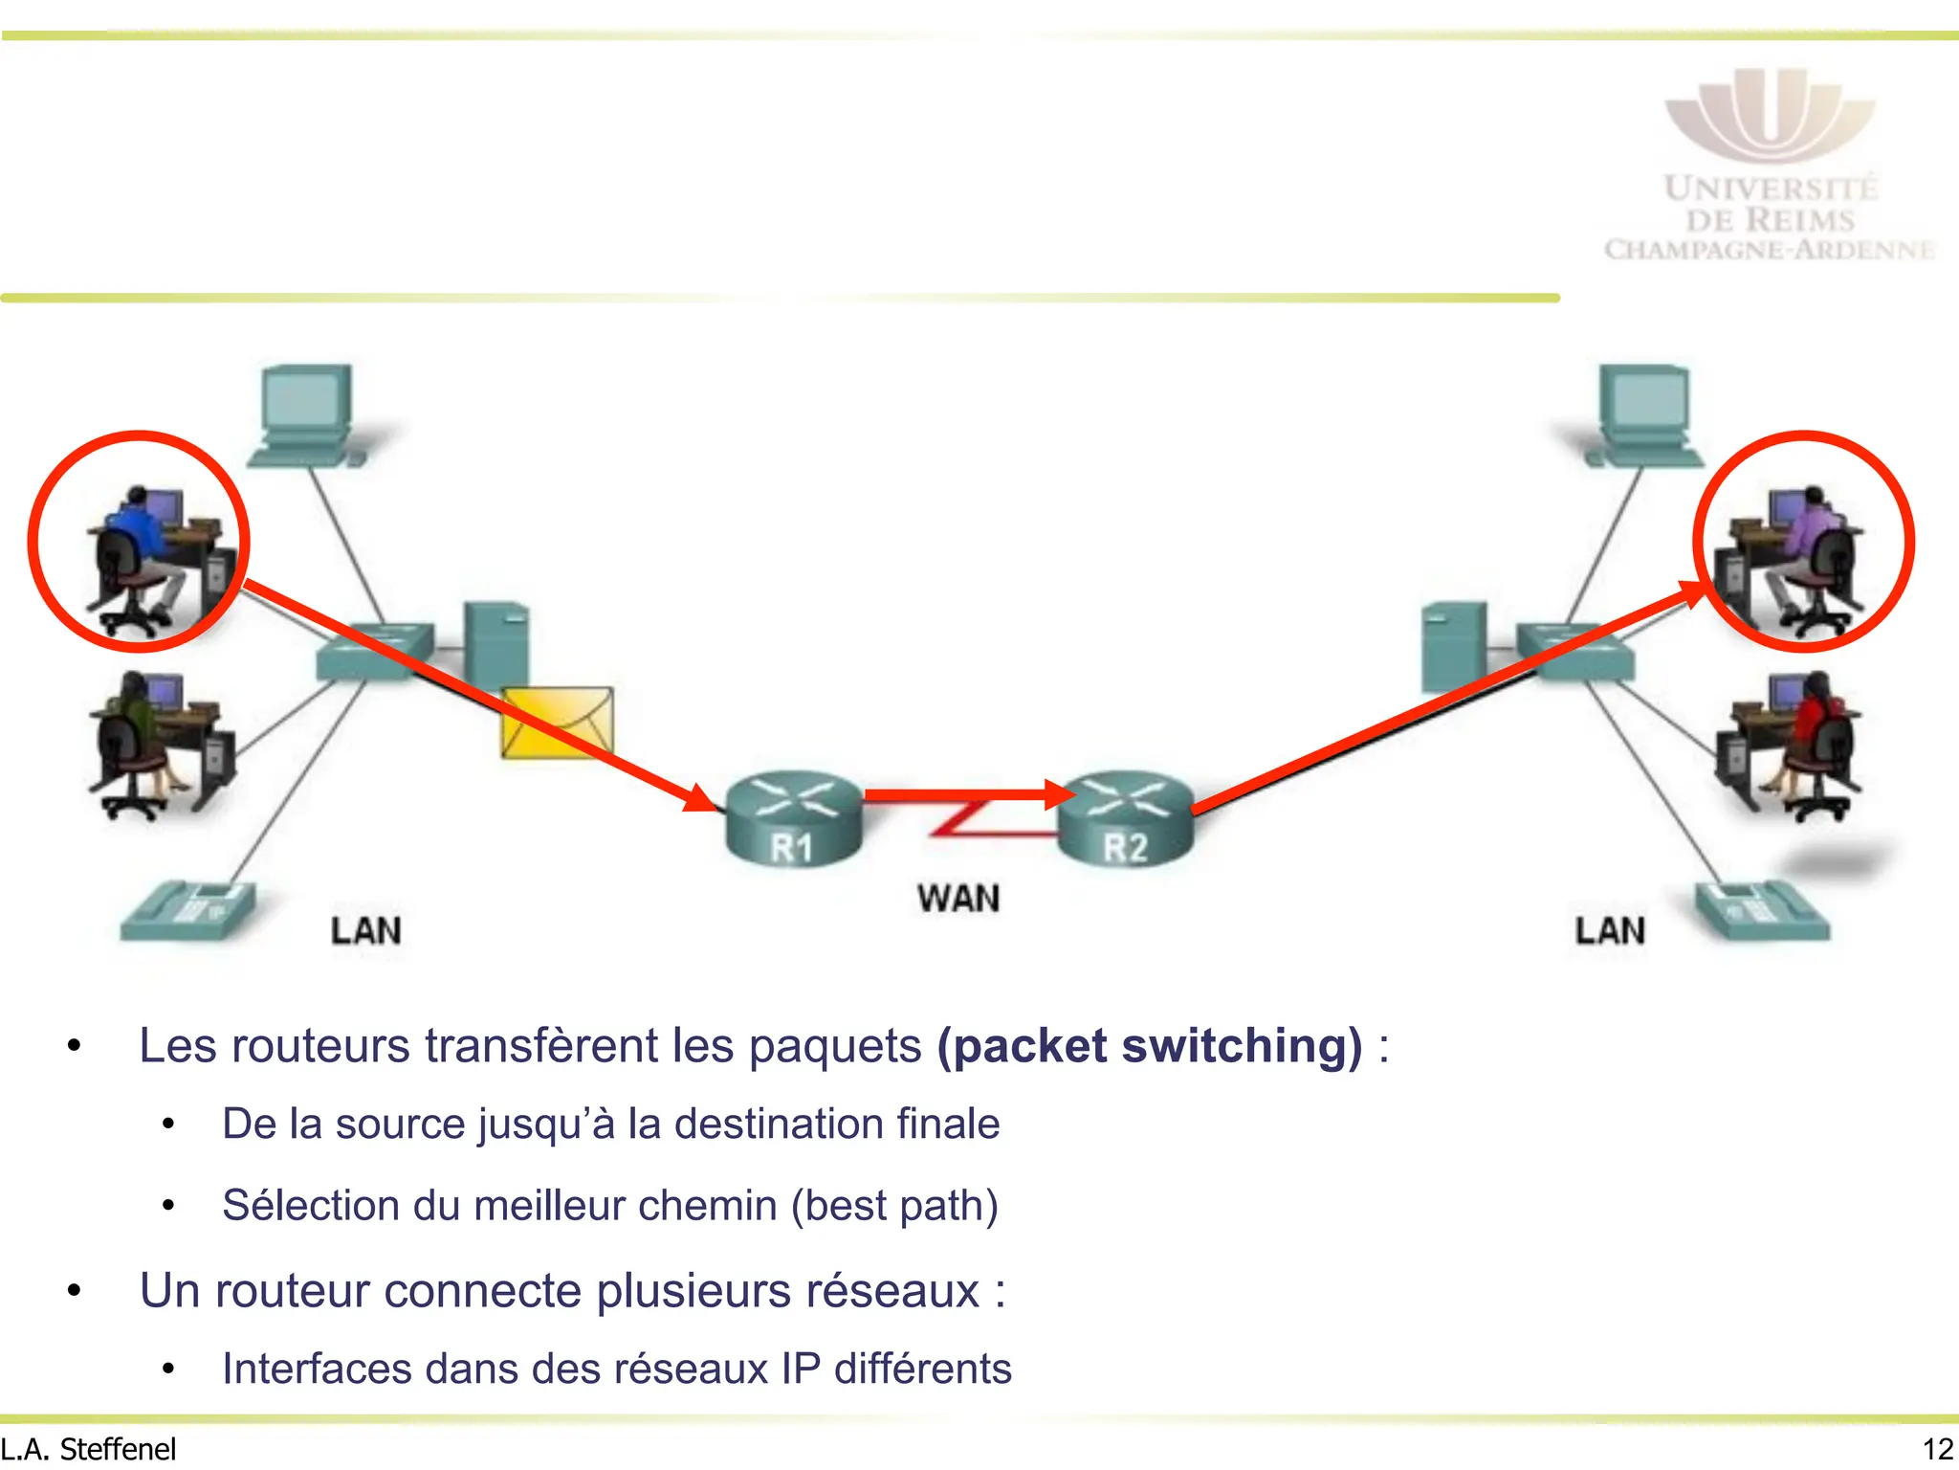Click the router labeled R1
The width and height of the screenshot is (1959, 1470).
(x=793, y=818)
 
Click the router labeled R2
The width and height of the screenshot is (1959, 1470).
(x=1126, y=819)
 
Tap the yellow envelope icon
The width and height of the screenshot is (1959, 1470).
(x=557, y=724)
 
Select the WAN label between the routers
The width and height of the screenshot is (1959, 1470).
(x=958, y=898)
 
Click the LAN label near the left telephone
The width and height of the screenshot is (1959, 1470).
(x=365, y=930)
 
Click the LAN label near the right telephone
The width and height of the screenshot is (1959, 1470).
(x=1610, y=930)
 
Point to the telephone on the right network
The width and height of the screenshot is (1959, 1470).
(x=1761, y=910)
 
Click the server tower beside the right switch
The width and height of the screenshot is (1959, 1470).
(x=1453, y=646)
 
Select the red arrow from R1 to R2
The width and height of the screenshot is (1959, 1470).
(x=966, y=794)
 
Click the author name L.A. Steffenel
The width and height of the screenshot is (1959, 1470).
(x=89, y=1450)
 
